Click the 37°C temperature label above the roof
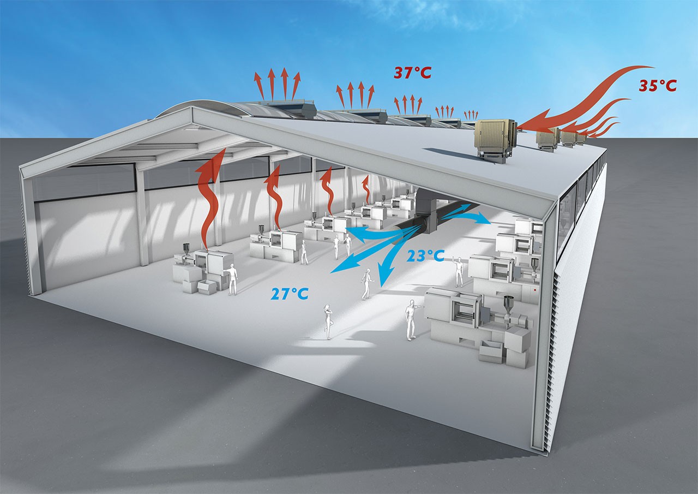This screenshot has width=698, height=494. point(412,72)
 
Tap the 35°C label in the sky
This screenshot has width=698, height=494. point(658,86)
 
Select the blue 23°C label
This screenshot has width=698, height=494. point(426,255)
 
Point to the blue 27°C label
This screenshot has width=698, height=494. point(290,294)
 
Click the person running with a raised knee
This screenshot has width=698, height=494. point(328,321)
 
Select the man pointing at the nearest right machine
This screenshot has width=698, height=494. point(411,319)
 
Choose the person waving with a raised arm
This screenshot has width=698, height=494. point(459,271)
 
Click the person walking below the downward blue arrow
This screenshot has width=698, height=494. point(366,284)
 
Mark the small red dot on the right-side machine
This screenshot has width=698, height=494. point(537,291)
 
